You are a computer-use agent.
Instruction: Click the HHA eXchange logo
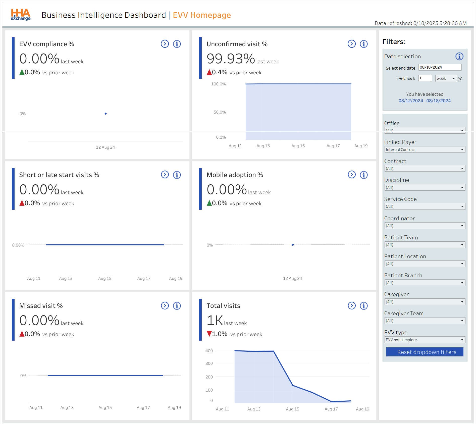[21, 15]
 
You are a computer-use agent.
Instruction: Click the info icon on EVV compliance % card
[177, 44]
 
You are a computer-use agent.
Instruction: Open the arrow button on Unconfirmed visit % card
[351, 44]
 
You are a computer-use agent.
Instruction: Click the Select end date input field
[440, 67]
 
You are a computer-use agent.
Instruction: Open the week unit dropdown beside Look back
[446, 79]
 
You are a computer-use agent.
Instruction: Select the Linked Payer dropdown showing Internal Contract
[425, 150]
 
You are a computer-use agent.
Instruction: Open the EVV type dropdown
[425, 340]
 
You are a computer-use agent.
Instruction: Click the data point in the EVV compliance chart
[105, 114]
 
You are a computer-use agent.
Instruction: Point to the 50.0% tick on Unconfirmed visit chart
[220, 112]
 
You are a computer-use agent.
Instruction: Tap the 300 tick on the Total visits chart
[209, 363]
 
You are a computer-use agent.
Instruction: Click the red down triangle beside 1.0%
[209, 334]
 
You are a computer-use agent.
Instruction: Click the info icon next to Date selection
[459, 56]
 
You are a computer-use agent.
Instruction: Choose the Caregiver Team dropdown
[425, 321]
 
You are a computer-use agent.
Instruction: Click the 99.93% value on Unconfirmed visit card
[231, 59]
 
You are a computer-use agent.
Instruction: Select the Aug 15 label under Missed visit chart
[105, 407]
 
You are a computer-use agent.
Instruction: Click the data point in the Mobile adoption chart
[293, 245]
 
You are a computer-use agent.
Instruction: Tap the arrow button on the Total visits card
[351, 306]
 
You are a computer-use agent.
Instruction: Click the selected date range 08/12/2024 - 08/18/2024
[425, 101]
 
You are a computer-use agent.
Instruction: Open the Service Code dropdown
[425, 206]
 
